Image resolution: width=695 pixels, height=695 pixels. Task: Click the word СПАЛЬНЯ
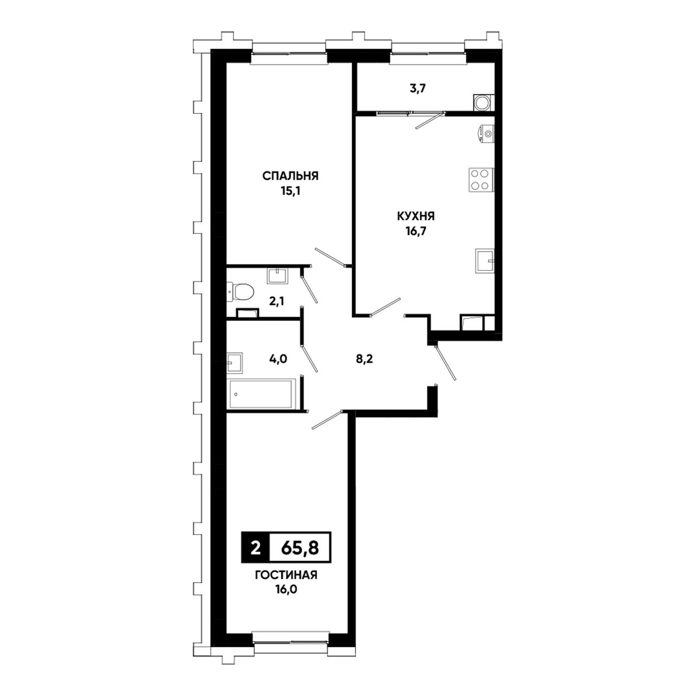tap(290, 176)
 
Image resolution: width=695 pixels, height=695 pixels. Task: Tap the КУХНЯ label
tap(415, 217)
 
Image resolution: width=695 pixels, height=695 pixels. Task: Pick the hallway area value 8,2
tap(363, 359)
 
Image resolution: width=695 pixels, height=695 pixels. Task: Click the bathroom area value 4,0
tap(278, 359)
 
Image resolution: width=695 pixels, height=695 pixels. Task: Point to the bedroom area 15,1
tap(290, 191)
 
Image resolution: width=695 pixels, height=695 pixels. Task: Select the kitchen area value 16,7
tap(416, 231)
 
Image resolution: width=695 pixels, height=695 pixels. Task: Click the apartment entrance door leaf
tap(445, 363)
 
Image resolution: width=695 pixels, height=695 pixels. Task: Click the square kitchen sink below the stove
tap(484, 262)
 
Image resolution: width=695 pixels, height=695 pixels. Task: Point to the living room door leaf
tap(327, 420)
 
